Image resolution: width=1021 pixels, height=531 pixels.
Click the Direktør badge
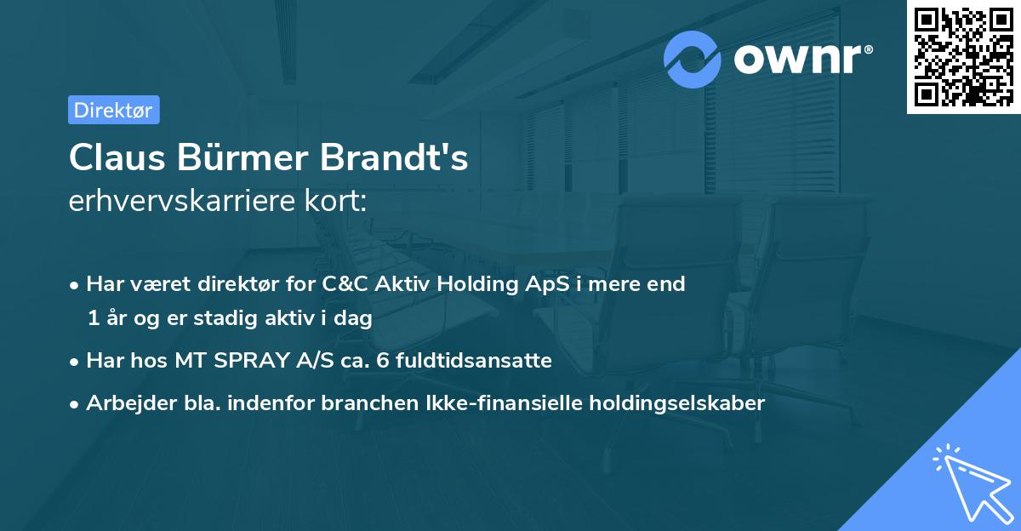[x=113, y=110]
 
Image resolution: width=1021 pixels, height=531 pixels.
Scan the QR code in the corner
[x=962, y=56]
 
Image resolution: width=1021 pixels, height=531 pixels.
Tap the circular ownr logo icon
[x=693, y=59]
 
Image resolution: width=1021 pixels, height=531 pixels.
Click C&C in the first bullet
[x=347, y=284]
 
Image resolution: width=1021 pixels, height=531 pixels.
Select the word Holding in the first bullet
[x=473, y=284]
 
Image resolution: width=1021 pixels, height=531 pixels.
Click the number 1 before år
[x=93, y=318]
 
